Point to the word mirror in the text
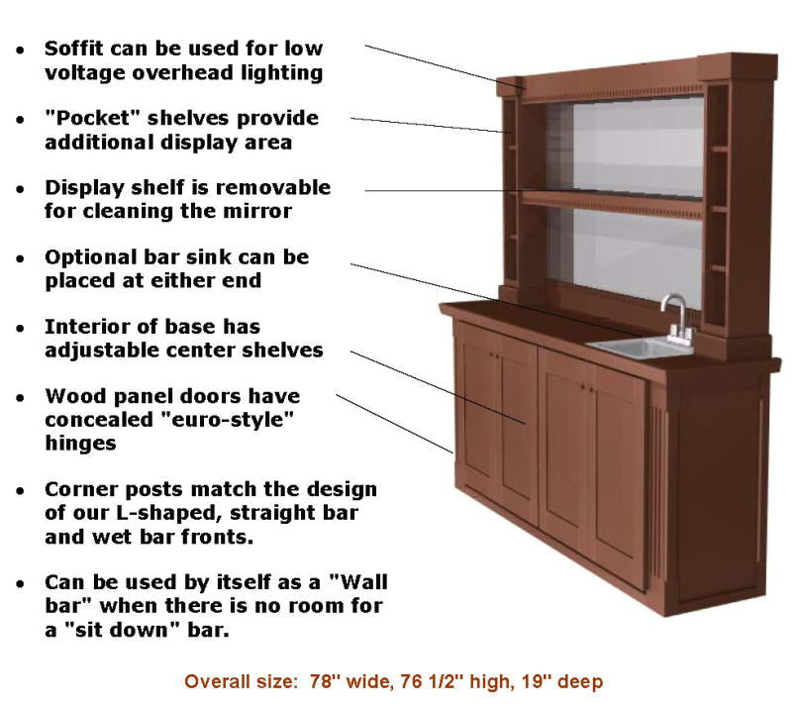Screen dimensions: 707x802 [x=262, y=210]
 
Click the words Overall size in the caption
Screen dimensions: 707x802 [x=236, y=682]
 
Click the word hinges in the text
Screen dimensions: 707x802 [x=81, y=444]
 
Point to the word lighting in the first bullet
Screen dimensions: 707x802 [x=287, y=71]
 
